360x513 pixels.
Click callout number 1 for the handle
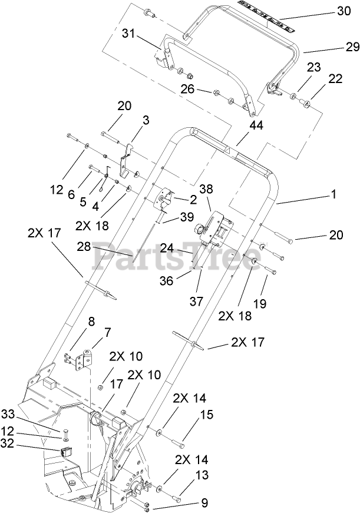point(334,194)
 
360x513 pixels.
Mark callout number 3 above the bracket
point(146,120)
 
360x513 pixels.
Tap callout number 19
point(260,304)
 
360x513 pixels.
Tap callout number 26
point(187,90)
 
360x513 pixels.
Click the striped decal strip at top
point(266,16)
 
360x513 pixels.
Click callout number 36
point(167,282)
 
